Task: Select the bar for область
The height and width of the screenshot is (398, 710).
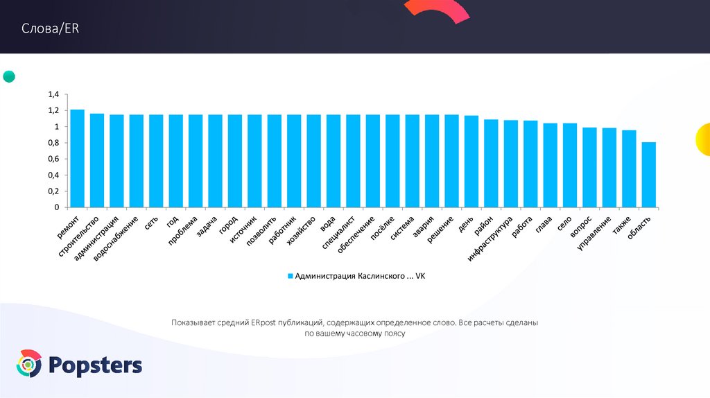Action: pos(648,174)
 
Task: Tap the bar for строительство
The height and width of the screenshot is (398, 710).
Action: pos(97,160)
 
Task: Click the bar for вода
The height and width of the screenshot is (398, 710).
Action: pos(333,161)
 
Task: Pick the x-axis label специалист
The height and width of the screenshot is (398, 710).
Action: pos(339,232)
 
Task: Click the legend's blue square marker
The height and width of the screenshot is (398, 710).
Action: pos(291,276)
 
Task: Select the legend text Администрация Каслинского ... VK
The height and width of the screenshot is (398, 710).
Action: pos(360,276)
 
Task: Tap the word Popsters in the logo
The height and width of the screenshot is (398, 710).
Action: pos(96,365)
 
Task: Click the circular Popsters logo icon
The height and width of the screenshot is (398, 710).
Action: pos(29,365)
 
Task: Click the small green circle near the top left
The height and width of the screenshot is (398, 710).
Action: pos(9,76)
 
